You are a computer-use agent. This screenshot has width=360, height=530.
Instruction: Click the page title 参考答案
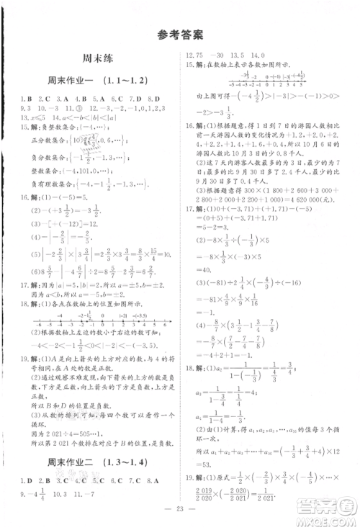179,33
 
